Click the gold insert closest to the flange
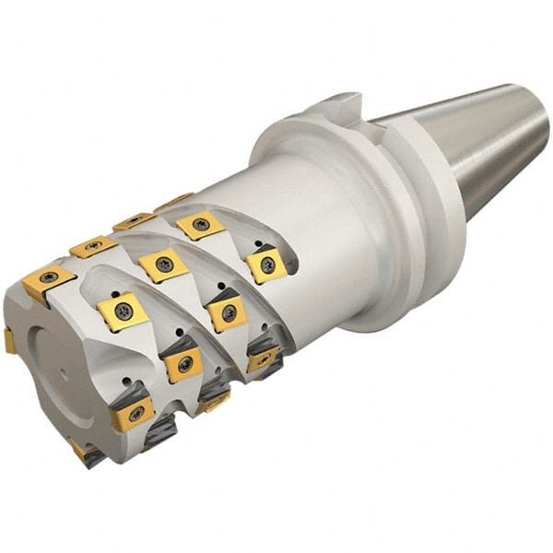pos(265,265)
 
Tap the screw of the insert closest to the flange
pos(266,265)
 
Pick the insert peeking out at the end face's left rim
pos(8,340)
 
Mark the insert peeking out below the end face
pos(88,453)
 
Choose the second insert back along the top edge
pos(92,247)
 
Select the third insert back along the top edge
pos(134,221)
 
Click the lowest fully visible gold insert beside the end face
pos(132,416)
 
